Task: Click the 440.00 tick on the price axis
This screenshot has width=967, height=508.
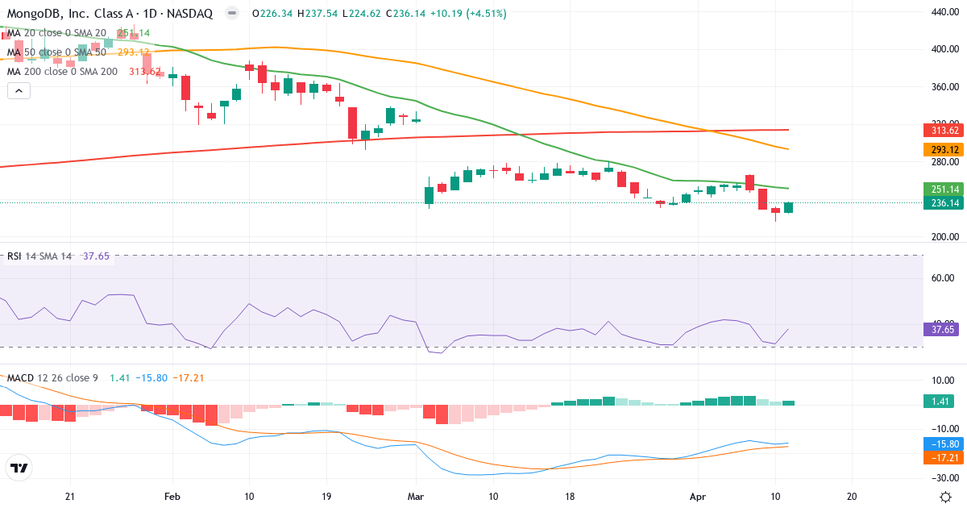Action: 944,12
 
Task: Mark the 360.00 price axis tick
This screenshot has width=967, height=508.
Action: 944,86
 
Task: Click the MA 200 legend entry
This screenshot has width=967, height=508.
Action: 62,71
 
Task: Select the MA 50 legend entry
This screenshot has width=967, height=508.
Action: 56,52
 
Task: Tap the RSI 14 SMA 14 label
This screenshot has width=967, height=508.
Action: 39,256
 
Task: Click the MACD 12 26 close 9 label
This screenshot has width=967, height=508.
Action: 52,377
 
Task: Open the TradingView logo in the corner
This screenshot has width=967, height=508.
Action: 19,468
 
